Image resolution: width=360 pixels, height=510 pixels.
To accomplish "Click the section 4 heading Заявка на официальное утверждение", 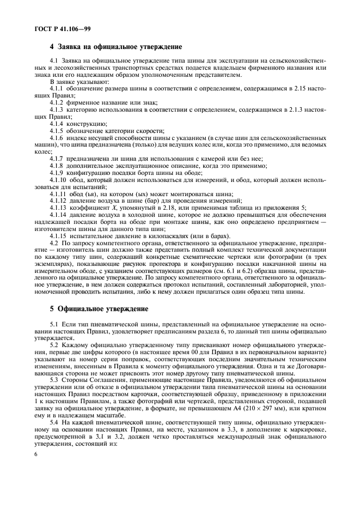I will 116,47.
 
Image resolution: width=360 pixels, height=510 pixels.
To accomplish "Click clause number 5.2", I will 54,346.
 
